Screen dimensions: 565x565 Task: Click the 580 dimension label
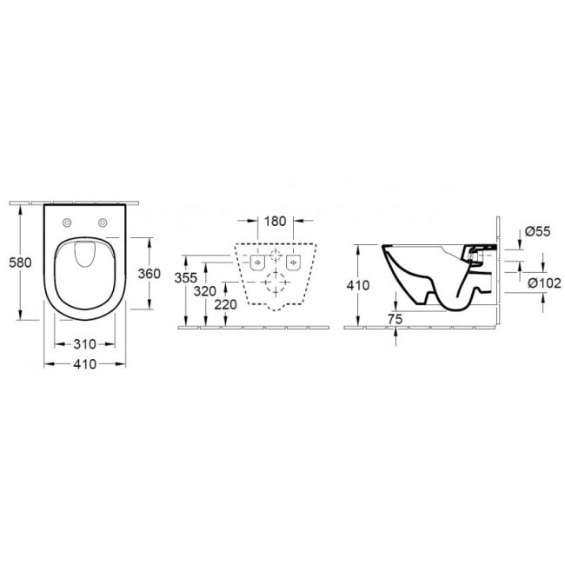20,263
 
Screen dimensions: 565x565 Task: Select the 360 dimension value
150,274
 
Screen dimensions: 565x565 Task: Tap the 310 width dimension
84,344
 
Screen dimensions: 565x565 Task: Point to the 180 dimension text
276,222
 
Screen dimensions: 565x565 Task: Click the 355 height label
185,278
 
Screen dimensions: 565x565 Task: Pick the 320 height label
204,291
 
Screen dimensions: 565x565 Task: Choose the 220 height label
226,305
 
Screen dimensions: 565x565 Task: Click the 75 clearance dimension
395,319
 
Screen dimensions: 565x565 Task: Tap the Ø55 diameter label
537,231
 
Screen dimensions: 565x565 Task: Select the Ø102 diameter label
544,283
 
